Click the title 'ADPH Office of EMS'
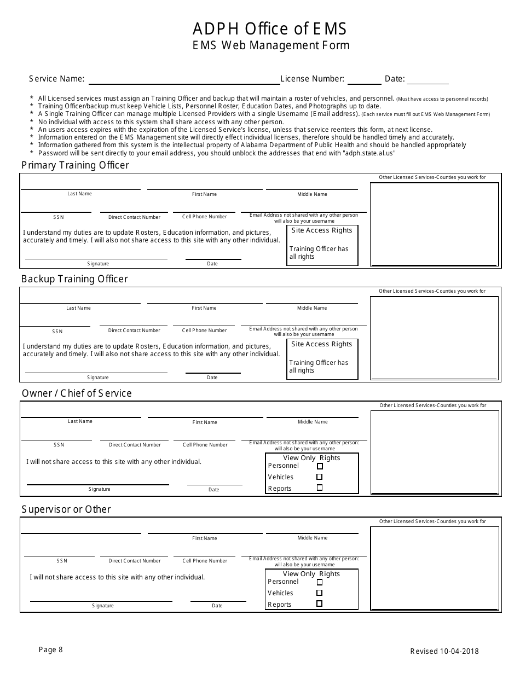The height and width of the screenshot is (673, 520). point(269,28)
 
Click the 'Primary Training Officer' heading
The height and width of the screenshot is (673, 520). point(75,165)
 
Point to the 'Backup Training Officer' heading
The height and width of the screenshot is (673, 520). point(74,279)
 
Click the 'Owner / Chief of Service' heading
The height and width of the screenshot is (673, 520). point(77,393)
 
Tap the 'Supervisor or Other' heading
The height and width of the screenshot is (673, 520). point(66,509)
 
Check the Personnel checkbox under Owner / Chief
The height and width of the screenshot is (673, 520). point(320,466)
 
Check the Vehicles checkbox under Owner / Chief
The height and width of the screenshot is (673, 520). point(320,477)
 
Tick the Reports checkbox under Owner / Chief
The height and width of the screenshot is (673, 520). point(320,488)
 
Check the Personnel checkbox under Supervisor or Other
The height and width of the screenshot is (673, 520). point(320,582)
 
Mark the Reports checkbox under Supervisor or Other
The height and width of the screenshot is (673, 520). point(320,604)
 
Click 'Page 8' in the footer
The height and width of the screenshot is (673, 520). point(51,650)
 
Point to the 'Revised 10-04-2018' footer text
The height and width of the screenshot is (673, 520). point(444,651)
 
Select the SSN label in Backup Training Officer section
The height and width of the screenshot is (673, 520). point(57,332)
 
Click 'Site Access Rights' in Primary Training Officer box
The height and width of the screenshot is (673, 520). point(322,230)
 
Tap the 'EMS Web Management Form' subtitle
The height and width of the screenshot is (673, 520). point(271,46)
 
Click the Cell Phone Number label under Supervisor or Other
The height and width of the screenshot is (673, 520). point(205,561)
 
